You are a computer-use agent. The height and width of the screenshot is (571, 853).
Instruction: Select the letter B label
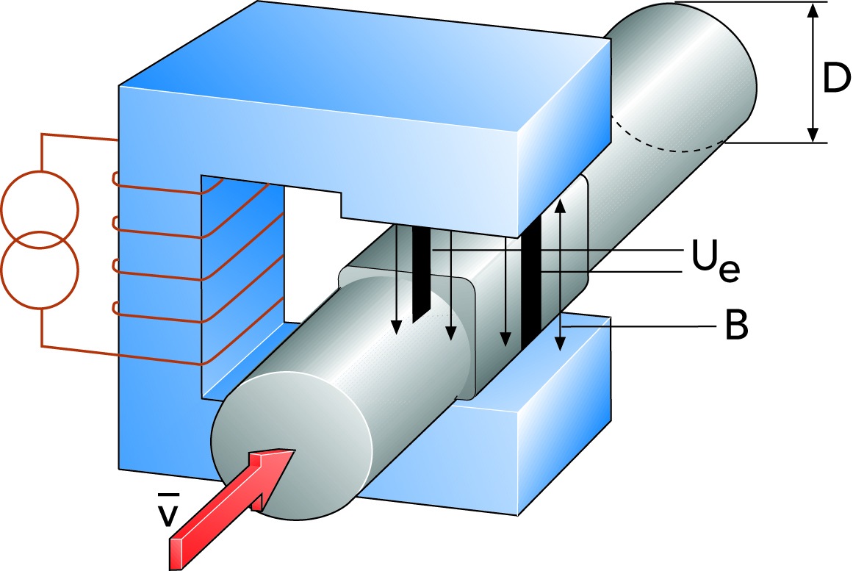tap(735, 327)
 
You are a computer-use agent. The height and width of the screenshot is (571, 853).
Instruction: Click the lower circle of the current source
tap(40, 270)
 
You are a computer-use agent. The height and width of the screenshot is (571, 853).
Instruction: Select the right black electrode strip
tap(531, 283)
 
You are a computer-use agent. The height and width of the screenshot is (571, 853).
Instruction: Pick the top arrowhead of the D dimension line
tap(813, 10)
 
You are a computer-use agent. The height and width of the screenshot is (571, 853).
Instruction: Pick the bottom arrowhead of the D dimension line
tap(813, 134)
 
